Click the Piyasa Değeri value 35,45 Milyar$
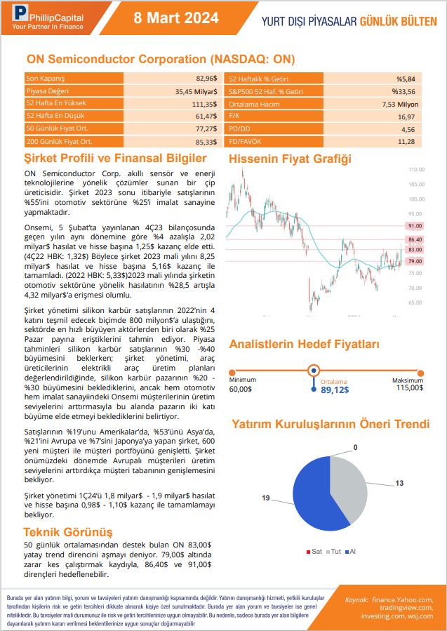[196, 91]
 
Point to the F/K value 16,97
[406, 117]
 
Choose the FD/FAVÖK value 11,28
[406, 142]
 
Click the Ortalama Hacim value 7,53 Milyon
[399, 104]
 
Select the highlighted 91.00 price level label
[415, 226]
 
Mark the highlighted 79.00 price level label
[415, 261]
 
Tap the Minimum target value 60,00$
[241, 389]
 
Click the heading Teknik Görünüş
[68, 532]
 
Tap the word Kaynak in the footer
[357, 600]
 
